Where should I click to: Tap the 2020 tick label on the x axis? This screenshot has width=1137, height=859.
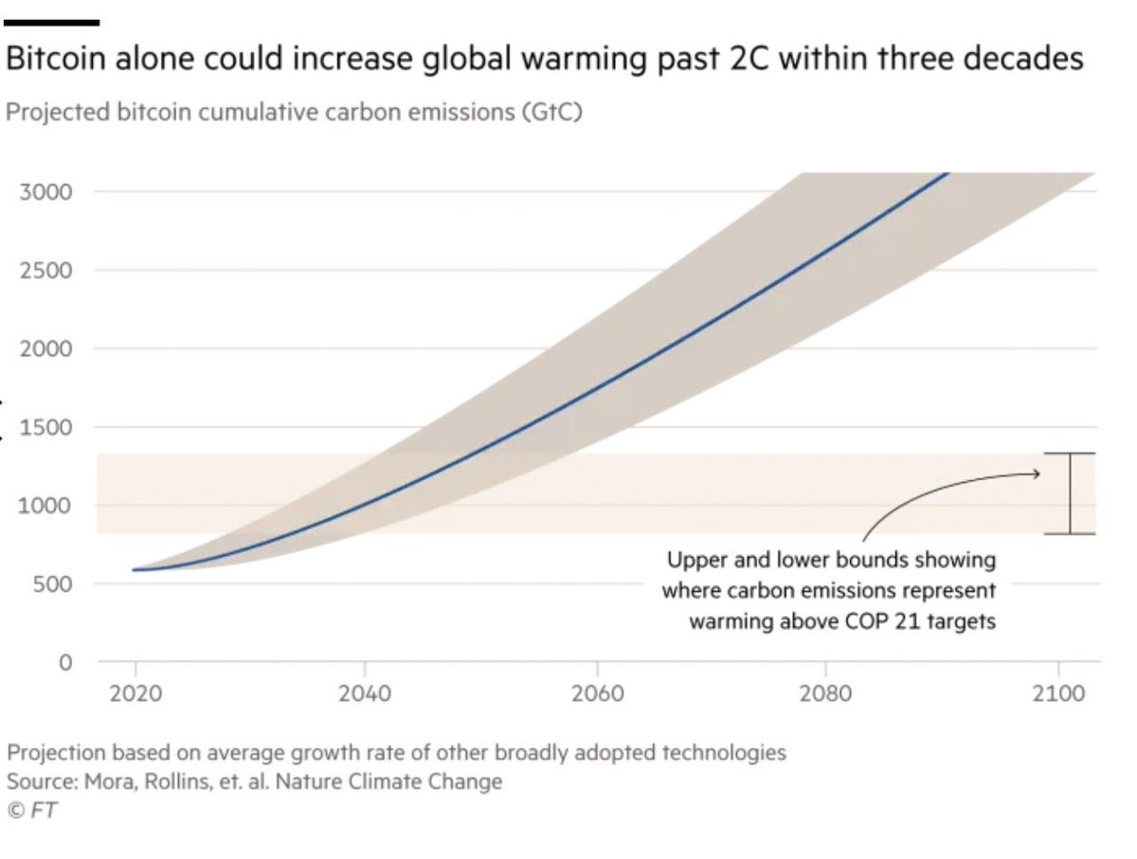[135, 693]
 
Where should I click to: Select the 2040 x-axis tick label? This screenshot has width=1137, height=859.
[365, 693]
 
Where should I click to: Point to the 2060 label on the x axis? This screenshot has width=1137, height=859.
[597, 693]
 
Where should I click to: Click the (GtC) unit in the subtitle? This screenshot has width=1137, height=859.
[549, 113]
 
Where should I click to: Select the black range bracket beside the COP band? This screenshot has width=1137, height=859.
[1071, 493]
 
